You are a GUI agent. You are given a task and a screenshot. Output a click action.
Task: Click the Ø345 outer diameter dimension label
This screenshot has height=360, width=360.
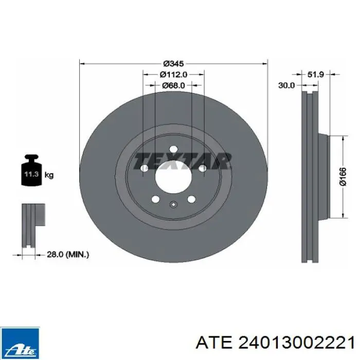point(173,63)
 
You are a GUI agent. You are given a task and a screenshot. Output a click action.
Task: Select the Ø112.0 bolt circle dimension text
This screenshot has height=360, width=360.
point(174,75)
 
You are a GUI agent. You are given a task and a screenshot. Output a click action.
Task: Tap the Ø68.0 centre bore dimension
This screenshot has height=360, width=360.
point(173,85)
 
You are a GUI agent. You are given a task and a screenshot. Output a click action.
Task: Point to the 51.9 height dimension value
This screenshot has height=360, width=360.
point(315,74)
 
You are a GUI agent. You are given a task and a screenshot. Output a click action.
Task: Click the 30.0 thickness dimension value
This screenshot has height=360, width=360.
point(286,85)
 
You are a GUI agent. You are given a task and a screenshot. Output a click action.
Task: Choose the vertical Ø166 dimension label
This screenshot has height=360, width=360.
point(343,176)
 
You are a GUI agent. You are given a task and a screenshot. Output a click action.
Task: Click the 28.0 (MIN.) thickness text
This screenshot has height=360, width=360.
point(68,255)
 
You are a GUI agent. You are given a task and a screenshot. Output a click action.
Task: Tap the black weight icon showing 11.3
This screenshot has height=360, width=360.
point(32,170)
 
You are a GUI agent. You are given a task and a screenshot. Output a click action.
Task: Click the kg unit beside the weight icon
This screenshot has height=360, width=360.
point(49,175)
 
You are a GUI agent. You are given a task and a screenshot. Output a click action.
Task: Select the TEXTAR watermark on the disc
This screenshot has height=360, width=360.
point(183,161)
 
